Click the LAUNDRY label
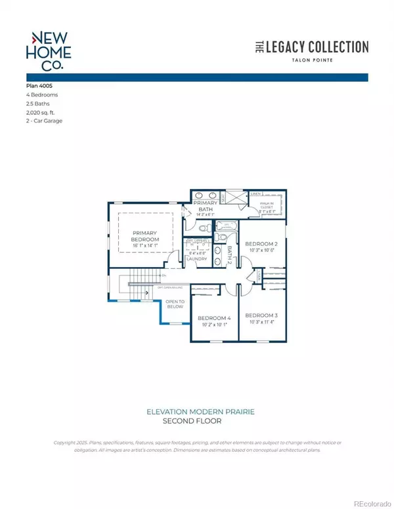[x=197, y=258]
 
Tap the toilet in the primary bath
[x=204, y=228]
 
